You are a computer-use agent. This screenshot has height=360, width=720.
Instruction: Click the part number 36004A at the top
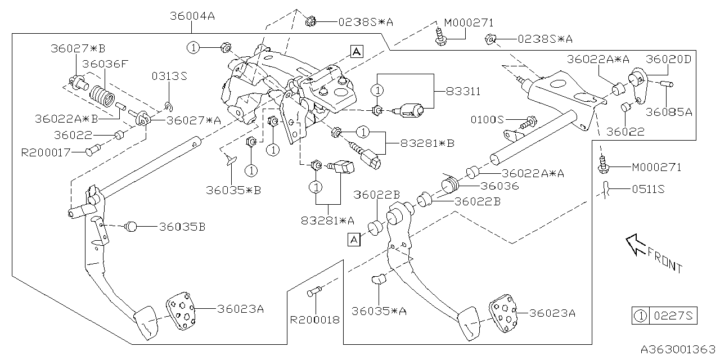click(192, 16)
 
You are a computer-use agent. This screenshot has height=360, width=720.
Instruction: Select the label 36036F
click(105, 64)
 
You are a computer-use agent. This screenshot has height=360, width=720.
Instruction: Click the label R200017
click(47, 152)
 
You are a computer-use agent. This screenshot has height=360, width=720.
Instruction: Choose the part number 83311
click(463, 91)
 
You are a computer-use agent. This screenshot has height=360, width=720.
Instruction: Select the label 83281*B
click(427, 143)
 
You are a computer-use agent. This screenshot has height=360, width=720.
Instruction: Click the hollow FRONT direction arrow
click(638, 245)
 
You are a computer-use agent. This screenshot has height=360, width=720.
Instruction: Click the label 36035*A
click(379, 310)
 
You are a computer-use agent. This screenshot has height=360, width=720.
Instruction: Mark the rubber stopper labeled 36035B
click(131, 227)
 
